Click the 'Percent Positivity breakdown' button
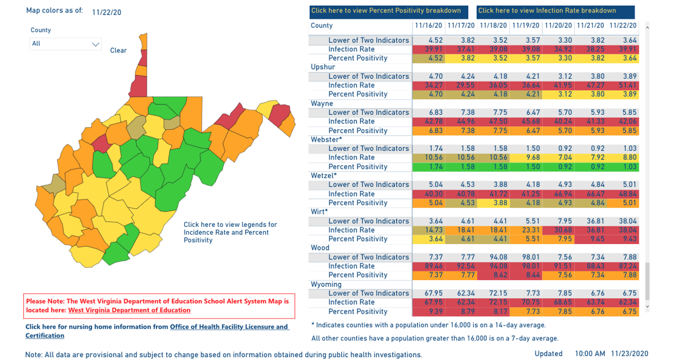tap(386, 11)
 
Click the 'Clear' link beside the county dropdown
tap(118, 50)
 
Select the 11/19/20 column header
tap(525, 26)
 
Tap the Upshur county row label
tap(323, 67)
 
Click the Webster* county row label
tap(326, 139)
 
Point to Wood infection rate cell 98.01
tap(525, 266)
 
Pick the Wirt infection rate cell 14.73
tap(429, 230)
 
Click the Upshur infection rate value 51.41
tap(622, 85)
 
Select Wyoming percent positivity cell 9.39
tap(429, 311)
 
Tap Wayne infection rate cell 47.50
tap(493, 121)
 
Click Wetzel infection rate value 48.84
tap(622, 194)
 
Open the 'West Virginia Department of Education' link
tap(129, 310)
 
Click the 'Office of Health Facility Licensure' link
tap(229, 327)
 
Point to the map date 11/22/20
tap(106, 12)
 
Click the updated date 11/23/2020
tap(629, 354)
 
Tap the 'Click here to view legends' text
tap(230, 225)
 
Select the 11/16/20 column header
tap(429, 26)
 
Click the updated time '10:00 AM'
tap(590, 354)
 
